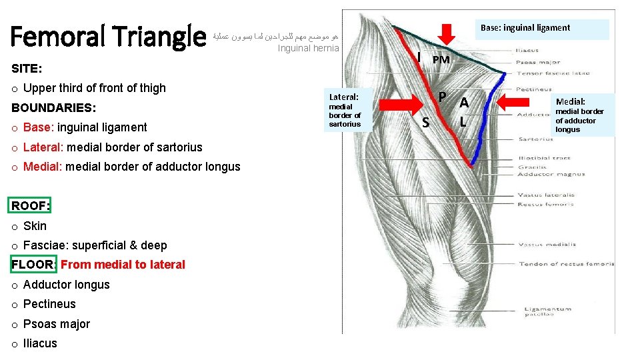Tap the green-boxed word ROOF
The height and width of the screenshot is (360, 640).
30,205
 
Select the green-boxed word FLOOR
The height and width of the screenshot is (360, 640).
33,265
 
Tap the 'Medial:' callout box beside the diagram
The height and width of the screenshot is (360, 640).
579,115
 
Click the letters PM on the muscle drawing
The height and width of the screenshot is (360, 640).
441,59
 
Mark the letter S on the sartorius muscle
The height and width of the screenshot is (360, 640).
425,123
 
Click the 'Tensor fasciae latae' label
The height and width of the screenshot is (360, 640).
544,72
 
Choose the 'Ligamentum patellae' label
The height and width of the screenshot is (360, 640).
547,312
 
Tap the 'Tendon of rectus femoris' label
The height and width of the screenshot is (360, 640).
566,265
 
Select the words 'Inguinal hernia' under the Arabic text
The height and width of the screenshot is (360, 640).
308,48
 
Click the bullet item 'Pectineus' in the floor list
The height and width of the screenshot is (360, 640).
49,304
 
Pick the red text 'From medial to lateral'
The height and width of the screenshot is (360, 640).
123,265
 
